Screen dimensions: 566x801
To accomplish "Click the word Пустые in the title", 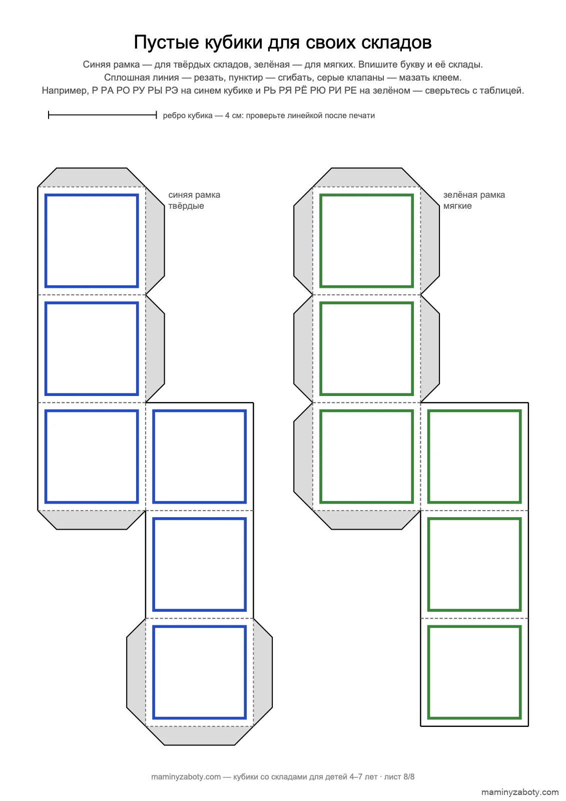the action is [166, 43].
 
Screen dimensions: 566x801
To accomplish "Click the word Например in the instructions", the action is [65, 91].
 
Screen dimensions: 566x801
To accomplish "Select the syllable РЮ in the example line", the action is [318, 91].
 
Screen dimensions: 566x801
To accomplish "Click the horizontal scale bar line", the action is [103, 115].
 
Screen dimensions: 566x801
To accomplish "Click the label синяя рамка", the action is [194, 195].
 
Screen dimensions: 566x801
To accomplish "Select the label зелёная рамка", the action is [474, 195].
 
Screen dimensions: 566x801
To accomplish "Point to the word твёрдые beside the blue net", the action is [186, 206].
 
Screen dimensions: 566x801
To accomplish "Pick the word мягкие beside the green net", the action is [457, 206].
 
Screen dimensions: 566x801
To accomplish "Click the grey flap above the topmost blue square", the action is [92, 177].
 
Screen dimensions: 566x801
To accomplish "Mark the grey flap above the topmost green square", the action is [366, 177].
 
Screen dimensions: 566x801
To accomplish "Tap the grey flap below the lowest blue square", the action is [200, 735].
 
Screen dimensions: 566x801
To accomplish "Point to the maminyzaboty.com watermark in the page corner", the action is [519, 792].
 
